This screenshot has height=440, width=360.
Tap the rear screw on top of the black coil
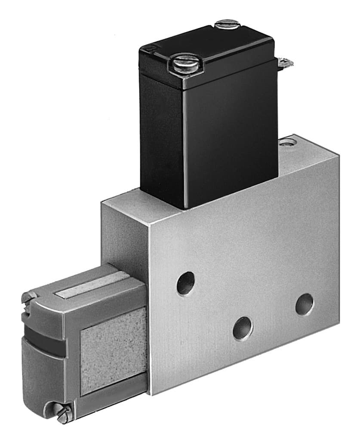(226, 23)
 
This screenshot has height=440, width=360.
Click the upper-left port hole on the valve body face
(186, 283)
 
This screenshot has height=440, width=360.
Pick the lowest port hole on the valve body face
(243, 329)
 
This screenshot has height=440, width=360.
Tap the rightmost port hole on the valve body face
(305, 304)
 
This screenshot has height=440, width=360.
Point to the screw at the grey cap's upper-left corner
(29, 298)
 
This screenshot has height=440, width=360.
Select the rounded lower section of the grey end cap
(43, 378)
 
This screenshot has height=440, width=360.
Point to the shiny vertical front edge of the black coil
(185, 146)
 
